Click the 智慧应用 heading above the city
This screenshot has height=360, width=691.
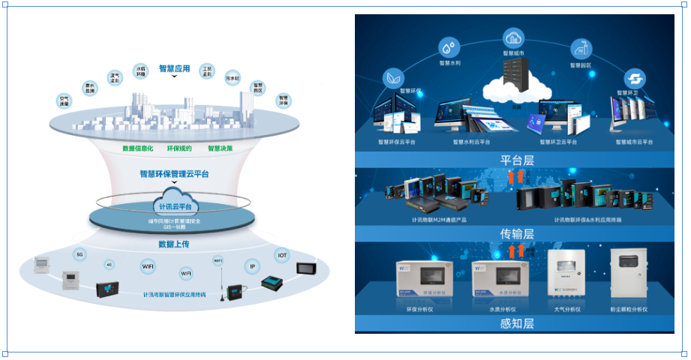[174, 68]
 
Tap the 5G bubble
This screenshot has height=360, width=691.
[79, 254]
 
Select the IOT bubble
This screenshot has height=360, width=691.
[282, 254]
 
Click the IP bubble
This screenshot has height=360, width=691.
[252, 265]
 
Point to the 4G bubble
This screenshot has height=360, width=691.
[109, 264]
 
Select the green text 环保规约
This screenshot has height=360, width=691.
[179, 148]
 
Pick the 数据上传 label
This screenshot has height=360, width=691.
[174, 244]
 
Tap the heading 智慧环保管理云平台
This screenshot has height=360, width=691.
[174, 173]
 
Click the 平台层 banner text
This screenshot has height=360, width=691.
[515, 160]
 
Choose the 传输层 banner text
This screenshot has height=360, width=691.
[515, 234]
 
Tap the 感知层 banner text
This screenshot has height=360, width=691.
[515, 324]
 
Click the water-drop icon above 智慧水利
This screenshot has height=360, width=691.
[449, 49]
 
